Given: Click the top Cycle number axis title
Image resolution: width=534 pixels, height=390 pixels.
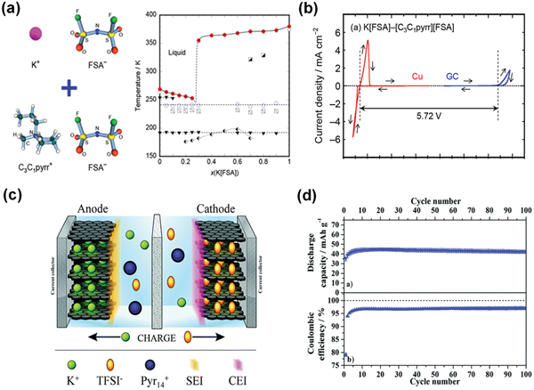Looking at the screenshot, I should coord(439,203).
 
